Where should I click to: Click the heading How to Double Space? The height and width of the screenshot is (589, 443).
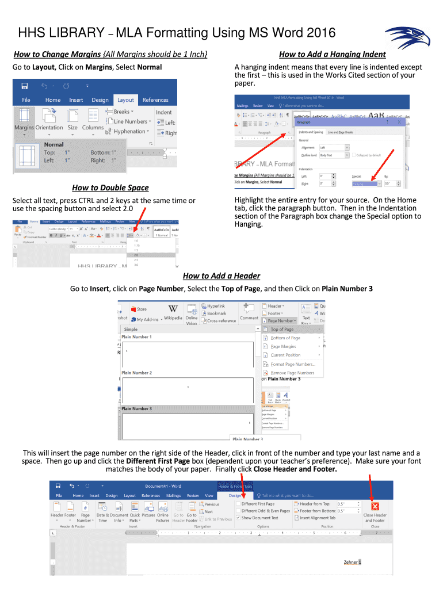click(x=110, y=188)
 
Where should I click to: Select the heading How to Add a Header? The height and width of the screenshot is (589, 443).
click(x=221, y=276)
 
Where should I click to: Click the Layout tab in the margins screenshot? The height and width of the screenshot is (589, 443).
click(x=125, y=100)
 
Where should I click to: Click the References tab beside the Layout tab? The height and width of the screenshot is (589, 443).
click(x=155, y=100)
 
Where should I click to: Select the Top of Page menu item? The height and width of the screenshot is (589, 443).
click(x=282, y=329)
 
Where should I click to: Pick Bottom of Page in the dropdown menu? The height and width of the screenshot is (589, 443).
click(x=285, y=338)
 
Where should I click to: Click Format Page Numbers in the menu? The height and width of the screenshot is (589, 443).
click(x=293, y=364)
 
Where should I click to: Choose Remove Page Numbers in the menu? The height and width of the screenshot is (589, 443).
click(x=292, y=373)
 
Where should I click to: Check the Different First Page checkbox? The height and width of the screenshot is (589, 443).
click(x=238, y=504)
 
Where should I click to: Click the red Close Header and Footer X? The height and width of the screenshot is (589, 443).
click(x=375, y=506)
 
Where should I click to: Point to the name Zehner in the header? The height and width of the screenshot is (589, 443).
click(x=350, y=562)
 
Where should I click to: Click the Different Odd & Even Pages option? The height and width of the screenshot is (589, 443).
click(x=265, y=511)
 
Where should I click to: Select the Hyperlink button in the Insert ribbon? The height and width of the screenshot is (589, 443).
click(x=216, y=306)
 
